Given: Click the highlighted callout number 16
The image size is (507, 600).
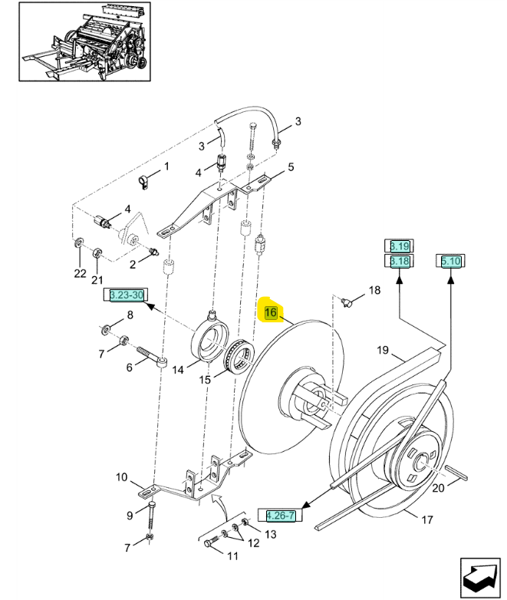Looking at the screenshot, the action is pos(271,312).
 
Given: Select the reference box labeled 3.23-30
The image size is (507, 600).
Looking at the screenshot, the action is pos(127,295).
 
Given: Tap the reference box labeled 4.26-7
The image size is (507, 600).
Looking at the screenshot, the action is pos(280,516).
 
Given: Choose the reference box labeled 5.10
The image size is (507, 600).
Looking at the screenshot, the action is pos(451,262).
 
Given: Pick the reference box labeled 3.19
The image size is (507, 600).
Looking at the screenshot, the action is pos(399,246).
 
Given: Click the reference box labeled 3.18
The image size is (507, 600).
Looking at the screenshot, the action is pos(399,262).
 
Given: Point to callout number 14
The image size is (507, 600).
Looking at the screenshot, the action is pos(178,370).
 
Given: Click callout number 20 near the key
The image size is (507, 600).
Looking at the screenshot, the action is pos(438,488).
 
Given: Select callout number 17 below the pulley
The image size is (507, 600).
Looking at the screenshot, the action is pos(427,519).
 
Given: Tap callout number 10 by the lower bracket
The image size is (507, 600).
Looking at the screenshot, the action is pos(121,477).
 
